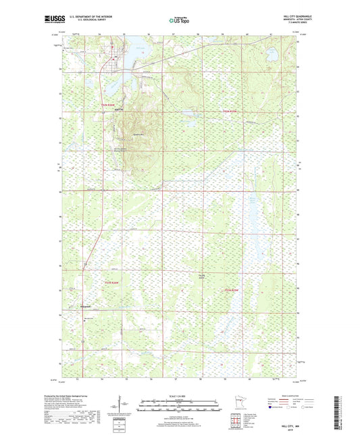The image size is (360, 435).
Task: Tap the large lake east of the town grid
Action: tap(134, 52)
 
